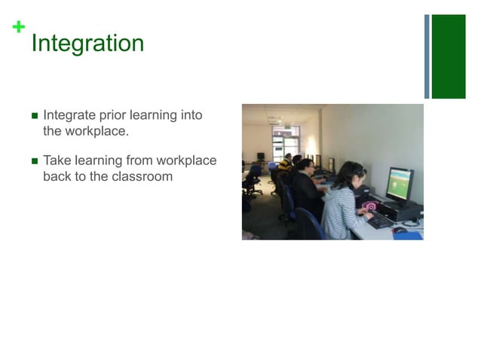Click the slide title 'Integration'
tap(87, 43)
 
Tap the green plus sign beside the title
tap(18, 28)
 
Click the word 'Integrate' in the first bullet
tap(68, 115)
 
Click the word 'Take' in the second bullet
tap(57, 160)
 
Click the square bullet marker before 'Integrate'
tap(34, 116)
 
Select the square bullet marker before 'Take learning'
tap(34, 161)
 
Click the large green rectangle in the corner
tap(449, 56)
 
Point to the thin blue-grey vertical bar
tap(427, 56)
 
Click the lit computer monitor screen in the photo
tap(400, 183)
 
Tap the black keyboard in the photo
tap(379, 221)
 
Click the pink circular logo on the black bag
tap(369, 206)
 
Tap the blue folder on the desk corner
tap(408, 235)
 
